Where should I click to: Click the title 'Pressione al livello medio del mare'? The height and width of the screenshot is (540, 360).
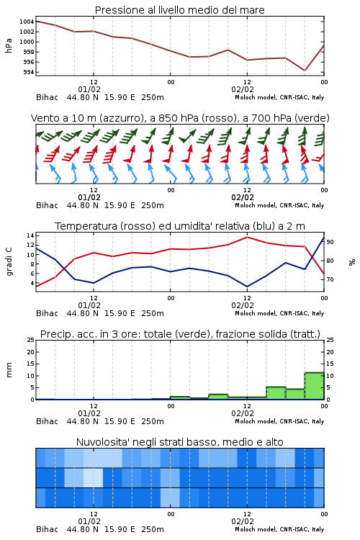click(179, 10)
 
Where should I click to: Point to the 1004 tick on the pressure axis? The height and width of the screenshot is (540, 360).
click(27, 22)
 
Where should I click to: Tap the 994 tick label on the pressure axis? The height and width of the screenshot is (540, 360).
click(29, 72)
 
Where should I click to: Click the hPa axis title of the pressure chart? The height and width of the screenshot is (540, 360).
click(9, 45)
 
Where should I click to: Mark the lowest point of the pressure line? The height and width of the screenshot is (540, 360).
click(305, 71)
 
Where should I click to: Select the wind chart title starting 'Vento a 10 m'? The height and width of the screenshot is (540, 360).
click(180, 118)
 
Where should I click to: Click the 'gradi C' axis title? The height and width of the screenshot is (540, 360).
click(9, 262)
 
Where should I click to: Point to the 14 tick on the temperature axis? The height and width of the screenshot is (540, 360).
click(30, 235)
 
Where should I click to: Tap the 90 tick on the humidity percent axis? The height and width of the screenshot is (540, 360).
click(330, 242)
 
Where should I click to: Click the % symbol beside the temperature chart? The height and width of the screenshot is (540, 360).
click(352, 262)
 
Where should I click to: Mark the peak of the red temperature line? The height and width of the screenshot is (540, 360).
click(248, 237)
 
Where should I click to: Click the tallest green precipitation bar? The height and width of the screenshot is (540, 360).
click(314, 386)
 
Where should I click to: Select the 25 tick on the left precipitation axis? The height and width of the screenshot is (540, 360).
click(31, 340)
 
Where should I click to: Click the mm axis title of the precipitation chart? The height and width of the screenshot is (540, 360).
click(9, 370)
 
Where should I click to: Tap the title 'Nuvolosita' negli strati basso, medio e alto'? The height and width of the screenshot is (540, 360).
click(179, 442)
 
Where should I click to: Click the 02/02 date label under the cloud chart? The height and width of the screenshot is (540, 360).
click(243, 521)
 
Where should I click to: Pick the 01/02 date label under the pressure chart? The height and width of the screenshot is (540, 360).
click(89, 89)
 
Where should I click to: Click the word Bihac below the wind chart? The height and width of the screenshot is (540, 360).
click(48, 205)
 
